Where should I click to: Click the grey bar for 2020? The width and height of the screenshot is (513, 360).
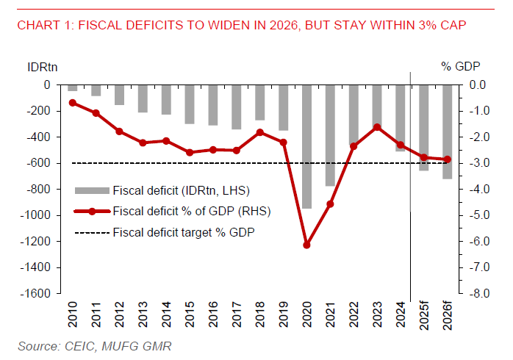pyautogui.click(x=306, y=146)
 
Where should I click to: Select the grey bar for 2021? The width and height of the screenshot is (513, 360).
pyautogui.click(x=330, y=135)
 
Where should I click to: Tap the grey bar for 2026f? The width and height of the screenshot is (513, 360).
pyautogui.click(x=446, y=132)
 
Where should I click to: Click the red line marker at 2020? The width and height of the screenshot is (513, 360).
pyautogui.click(x=306, y=245)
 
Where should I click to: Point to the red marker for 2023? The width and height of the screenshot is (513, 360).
pyautogui.click(x=376, y=127)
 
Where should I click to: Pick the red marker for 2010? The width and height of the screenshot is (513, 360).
pyautogui.click(x=73, y=103)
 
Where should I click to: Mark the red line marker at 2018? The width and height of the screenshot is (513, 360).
pyautogui.click(x=259, y=132)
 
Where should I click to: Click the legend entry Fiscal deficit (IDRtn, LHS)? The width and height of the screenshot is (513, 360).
pyautogui.click(x=182, y=191)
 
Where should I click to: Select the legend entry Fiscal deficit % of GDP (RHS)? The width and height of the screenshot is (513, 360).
pyautogui.click(x=191, y=212)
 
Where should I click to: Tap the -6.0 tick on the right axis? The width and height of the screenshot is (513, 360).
pyautogui.click(x=478, y=241)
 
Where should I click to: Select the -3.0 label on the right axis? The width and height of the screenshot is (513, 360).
pyautogui.click(x=478, y=163)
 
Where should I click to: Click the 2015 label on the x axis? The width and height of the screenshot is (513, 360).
pyautogui.click(x=190, y=314)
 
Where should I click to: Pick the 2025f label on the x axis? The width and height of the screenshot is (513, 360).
pyautogui.click(x=424, y=317)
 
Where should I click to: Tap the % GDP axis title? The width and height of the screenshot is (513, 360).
pyautogui.click(x=460, y=66)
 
